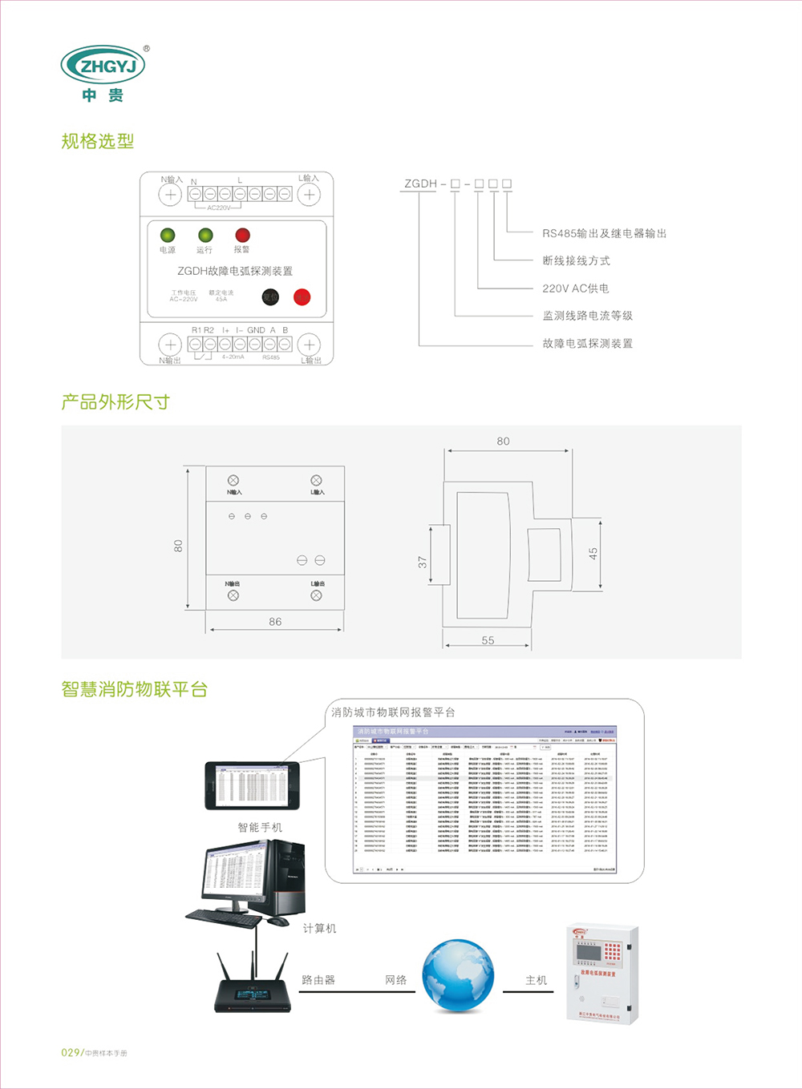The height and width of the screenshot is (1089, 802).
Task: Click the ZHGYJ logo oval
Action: click(103, 66)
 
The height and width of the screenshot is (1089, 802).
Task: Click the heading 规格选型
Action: click(98, 142)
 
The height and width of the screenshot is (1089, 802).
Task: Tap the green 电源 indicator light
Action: click(168, 235)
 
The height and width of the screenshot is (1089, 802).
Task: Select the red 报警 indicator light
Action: click(242, 235)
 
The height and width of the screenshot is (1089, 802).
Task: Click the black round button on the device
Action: click(271, 297)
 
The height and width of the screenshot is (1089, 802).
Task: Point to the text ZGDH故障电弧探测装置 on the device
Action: click(235, 271)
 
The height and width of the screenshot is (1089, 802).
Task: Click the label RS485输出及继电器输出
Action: click(604, 233)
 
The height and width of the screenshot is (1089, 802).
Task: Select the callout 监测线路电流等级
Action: click(587, 316)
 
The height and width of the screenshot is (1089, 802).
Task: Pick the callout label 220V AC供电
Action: click(575, 288)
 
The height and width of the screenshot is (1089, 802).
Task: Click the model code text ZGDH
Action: click(420, 184)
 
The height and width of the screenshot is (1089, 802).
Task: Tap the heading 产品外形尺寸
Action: click(115, 402)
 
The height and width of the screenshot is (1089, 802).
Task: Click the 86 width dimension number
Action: click(275, 622)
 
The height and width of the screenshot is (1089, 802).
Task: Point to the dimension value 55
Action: click(488, 640)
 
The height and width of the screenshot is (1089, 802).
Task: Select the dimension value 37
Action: click(423, 563)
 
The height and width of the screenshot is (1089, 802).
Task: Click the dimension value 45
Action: click(593, 553)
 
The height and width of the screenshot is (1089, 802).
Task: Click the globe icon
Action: click(458, 975)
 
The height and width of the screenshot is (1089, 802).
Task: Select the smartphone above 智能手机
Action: click(253, 786)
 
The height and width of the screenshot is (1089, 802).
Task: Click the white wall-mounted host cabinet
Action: click(602, 974)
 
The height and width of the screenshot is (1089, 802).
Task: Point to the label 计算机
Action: click(319, 929)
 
